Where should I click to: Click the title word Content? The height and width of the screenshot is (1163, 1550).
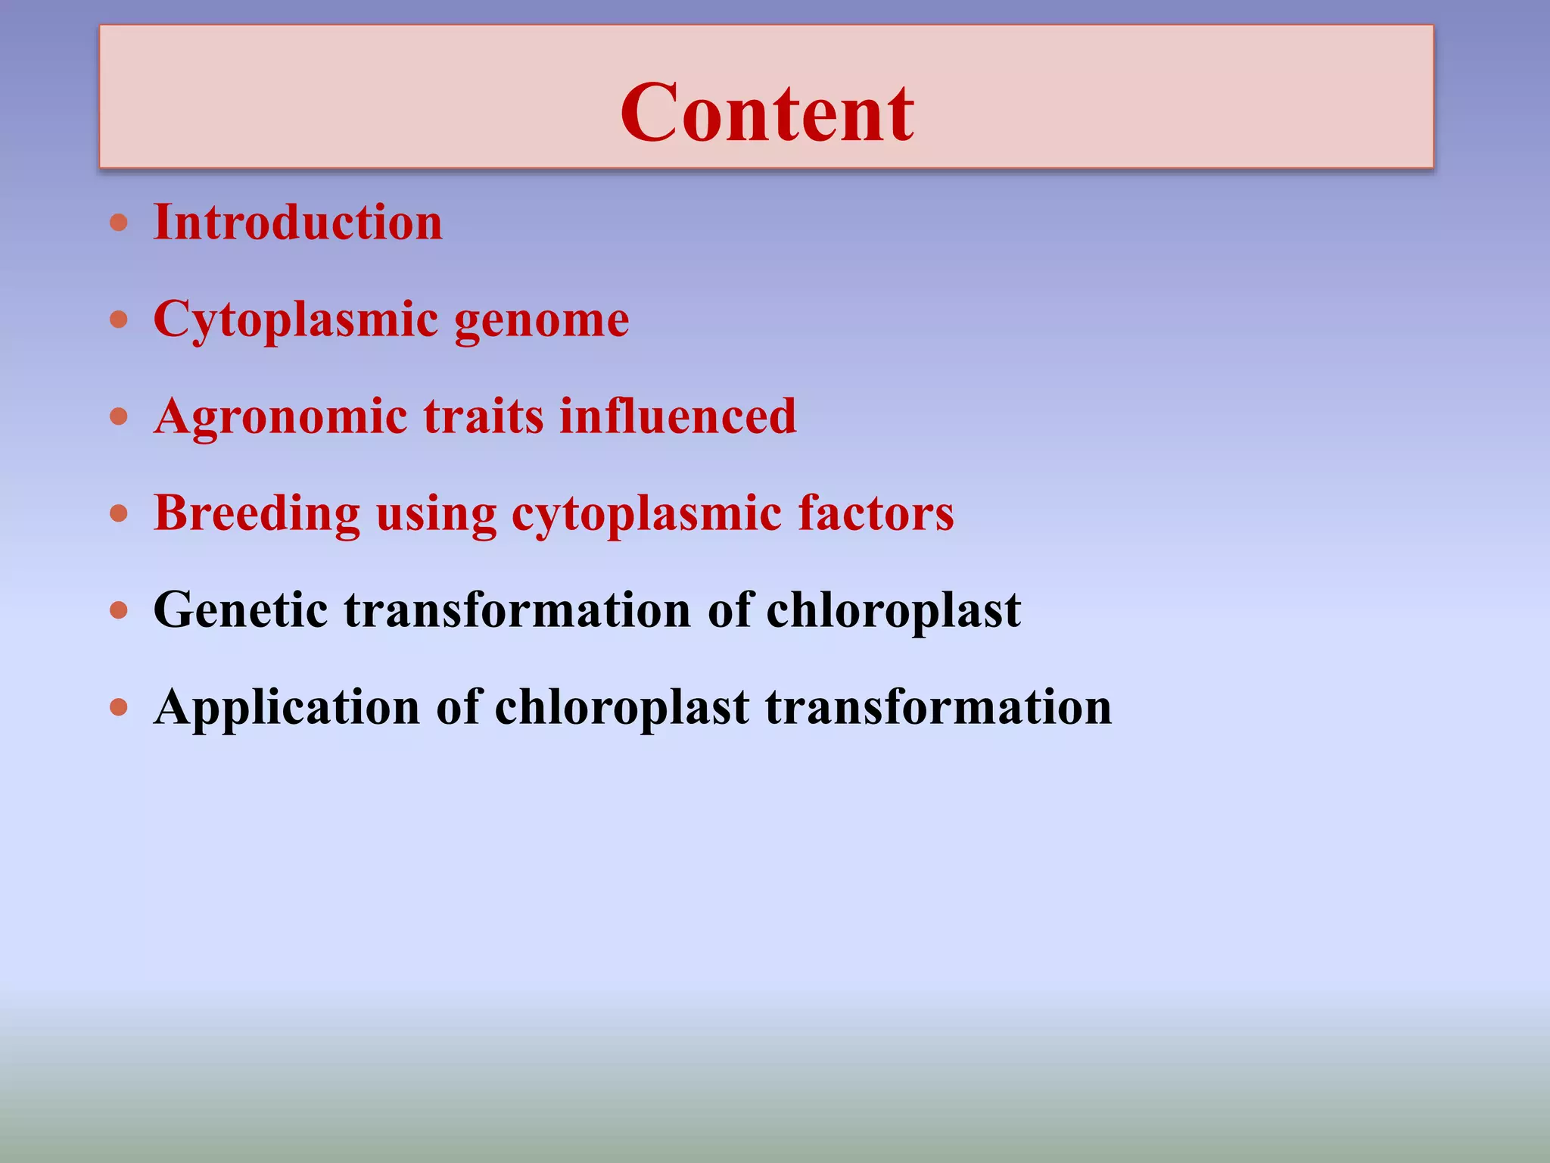pos(767,114)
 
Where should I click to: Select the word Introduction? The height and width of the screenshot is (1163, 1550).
pos(297,223)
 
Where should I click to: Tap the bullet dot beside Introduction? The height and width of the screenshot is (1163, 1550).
pos(119,223)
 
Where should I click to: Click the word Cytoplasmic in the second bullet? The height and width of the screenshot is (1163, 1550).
pos(295,320)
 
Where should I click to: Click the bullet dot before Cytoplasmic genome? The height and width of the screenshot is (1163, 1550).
pos(119,320)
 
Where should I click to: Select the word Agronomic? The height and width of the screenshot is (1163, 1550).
pos(280,416)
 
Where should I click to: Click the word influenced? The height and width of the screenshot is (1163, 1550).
pos(677,416)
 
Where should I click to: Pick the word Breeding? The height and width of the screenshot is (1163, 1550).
pos(257,513)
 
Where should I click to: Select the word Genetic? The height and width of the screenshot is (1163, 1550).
pos(241,610)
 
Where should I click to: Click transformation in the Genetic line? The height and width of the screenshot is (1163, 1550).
pos(518,610)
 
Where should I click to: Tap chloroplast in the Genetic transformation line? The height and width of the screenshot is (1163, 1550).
pos(893,610)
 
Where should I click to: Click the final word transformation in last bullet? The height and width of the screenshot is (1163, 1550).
pos(938,707)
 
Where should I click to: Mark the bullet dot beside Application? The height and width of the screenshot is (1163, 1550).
pos(119,707)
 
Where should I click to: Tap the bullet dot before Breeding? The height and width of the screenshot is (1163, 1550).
pos(119,514)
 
